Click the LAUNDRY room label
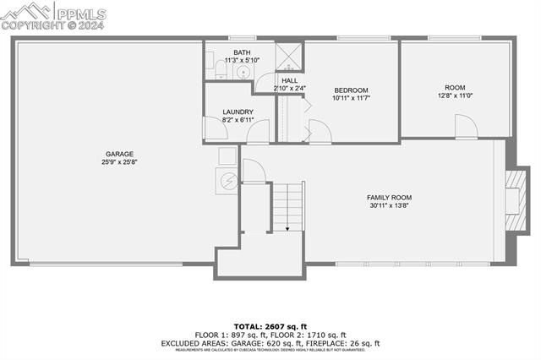[x=238, y=112]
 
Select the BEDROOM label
[x=351, y=90]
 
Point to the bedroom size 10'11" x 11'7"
[x=351, y=99]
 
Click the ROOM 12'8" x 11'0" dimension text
[x=456, y=95]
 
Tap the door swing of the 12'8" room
[x=467, y=127]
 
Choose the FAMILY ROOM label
[x=390, y=198]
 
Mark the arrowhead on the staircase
[x=287, y=228]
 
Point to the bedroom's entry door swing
[x=320, y=132]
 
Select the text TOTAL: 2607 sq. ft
[x=270, y=326]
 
